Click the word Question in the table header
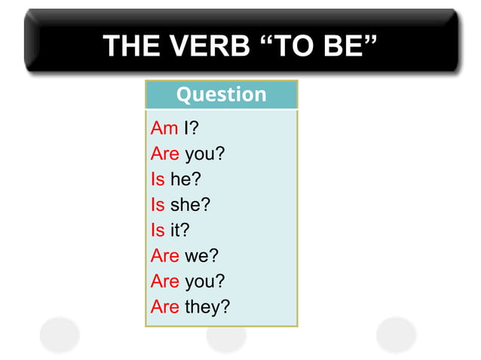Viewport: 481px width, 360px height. click(221, 95)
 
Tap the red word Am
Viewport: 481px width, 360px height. click(164, 129)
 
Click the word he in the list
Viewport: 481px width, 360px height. click(182, 179)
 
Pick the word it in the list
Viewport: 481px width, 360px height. click(175, 230)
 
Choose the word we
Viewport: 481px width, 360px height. click(197, 256)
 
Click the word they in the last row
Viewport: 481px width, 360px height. click(201, 307)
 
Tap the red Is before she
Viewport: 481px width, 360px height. click(157, 205)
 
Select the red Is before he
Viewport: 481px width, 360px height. click(157, 179)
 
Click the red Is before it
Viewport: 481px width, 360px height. click(157, 230)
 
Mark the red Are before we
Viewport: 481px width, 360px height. click(164, 256)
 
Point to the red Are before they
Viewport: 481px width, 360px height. click(164, 307)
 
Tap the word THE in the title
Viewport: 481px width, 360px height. click(128, 46)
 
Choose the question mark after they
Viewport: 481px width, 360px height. click(225, 307)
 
